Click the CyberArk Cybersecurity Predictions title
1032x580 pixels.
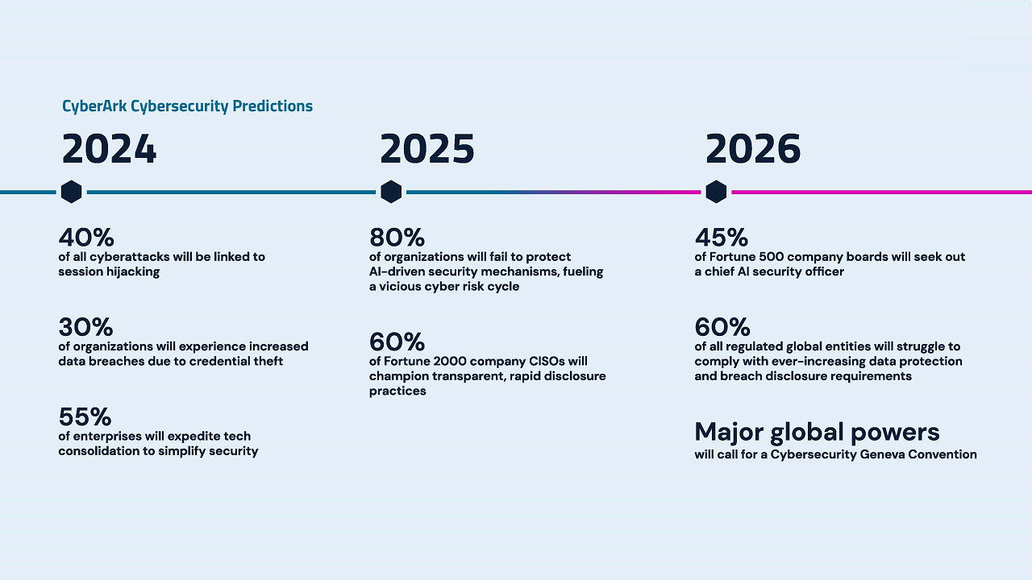[187, 106]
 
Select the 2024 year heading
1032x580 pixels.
[109, 150]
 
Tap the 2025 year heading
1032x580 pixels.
[427, 150]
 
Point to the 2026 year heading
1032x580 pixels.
[753, 150]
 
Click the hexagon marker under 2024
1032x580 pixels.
[71, 192]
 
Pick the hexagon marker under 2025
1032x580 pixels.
[391, 192]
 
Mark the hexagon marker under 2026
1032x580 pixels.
[716, 192]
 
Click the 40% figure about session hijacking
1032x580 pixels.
[86, 238]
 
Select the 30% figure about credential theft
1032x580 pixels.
[85, 328]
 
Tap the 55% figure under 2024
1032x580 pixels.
[85, 417]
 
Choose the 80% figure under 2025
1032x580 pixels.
[397, 238]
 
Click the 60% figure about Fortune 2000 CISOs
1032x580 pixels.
[397, 342]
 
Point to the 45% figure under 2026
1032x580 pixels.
[722, 238]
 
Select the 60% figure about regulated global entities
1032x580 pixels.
[722, 328]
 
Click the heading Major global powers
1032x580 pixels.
[817, 433]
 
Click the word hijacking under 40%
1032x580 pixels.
[133, 272]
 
